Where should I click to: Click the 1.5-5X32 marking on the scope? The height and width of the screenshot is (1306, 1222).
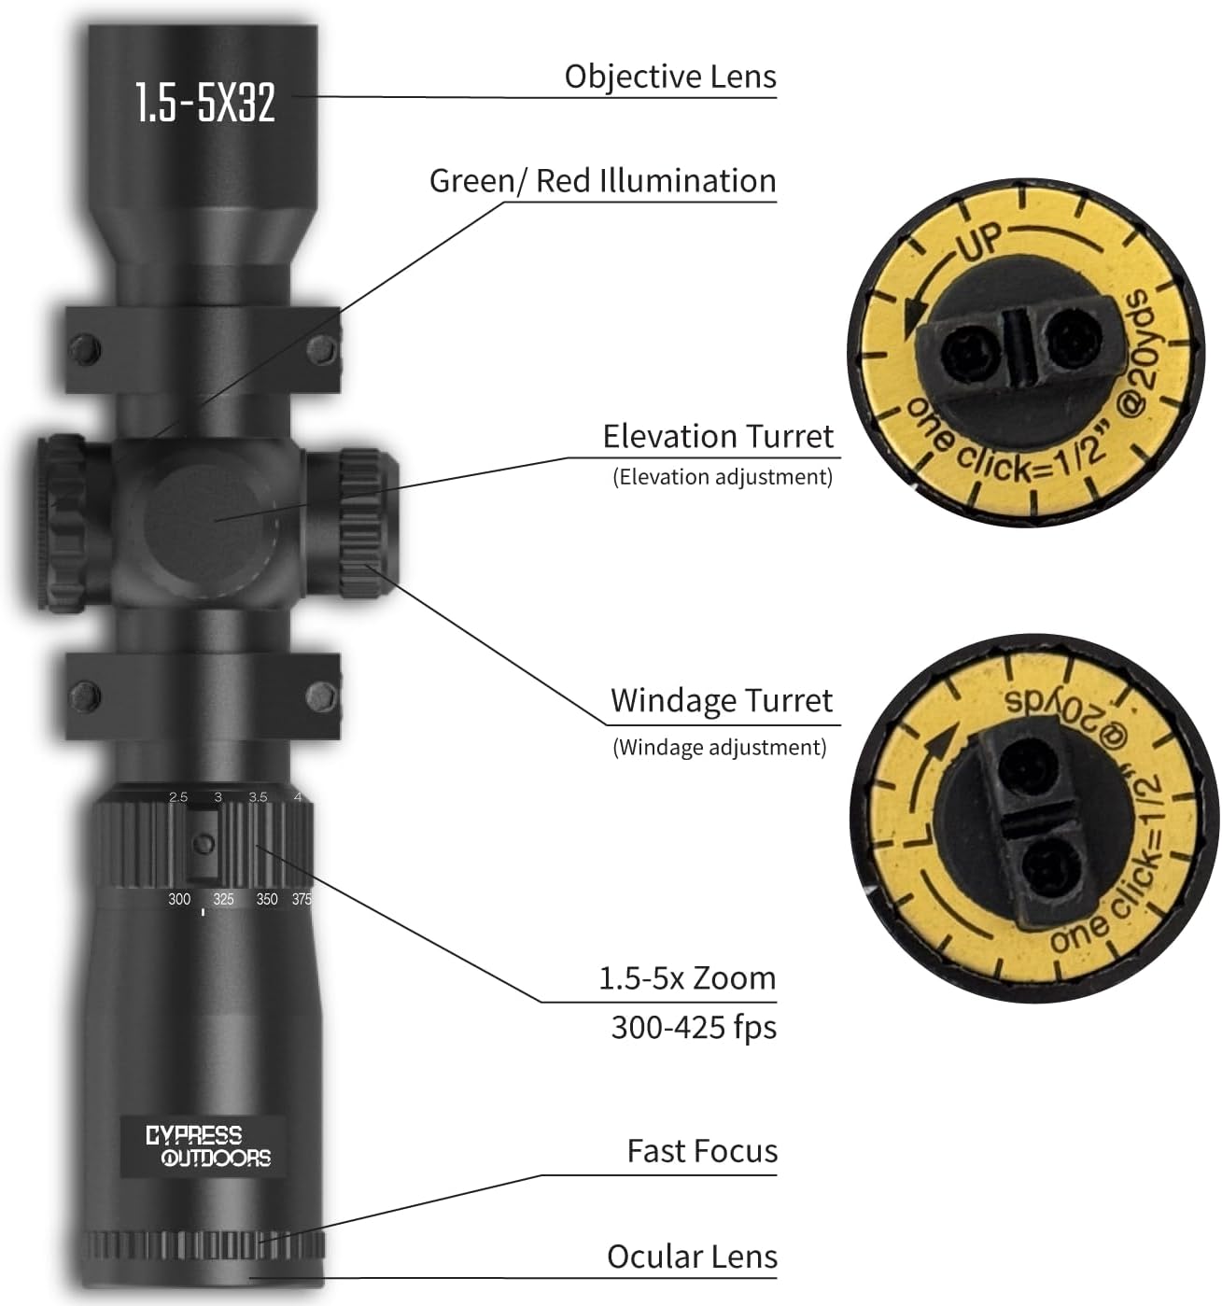(x=205, y=102)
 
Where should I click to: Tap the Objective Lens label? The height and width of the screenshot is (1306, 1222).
(x=669, y=77)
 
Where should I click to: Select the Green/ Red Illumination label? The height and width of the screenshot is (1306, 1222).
(x=602, y=181)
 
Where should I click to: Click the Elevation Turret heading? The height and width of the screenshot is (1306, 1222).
(x=717, y=437)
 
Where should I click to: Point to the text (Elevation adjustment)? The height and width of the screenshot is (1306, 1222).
(x=722, y=477)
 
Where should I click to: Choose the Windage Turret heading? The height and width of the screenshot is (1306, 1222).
(x=721, y=701)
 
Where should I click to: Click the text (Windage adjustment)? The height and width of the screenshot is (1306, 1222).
(x=719, y=747)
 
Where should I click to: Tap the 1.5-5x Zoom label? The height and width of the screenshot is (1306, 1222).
(x=686, y=978)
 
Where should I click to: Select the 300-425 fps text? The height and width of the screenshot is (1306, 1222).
(x=693, y=1028)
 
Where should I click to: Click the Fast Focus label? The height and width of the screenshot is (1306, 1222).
(x=701, y=1151)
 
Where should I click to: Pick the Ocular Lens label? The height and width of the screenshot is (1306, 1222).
(x=692, y=1257)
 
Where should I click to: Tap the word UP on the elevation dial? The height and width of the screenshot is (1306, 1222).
(x=978, y=244)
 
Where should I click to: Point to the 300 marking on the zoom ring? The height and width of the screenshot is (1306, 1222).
(x=179, y=899)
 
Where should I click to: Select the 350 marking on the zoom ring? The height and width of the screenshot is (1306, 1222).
(x=267, y=899)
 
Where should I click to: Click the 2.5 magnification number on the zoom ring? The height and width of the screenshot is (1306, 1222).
(x=178, y=797)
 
